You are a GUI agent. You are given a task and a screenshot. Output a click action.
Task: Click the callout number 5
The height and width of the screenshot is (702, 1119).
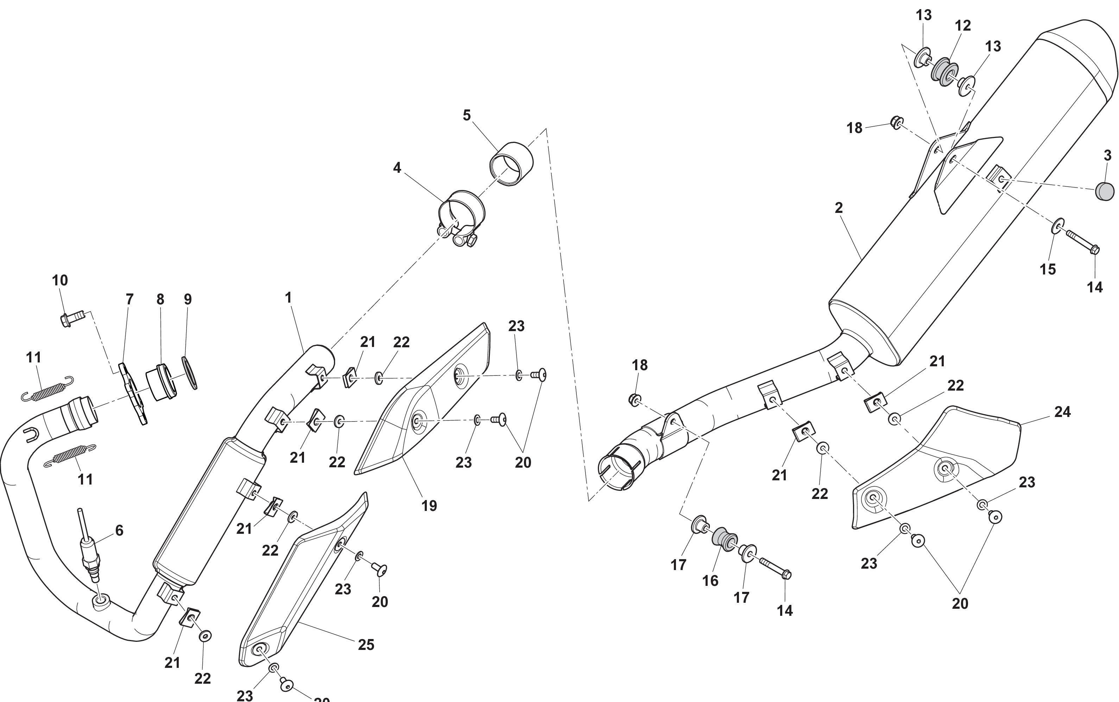(x=467, y=115)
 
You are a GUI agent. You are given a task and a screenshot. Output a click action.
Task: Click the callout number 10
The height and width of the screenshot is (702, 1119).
(x=60, y=280)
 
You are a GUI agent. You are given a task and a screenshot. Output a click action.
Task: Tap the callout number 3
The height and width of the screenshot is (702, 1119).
(x=1107, y=156)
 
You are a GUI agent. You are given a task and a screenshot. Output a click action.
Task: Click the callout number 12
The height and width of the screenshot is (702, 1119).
(x=963, y=26)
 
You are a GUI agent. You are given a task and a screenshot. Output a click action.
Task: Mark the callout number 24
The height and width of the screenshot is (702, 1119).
(x=1062, y=412)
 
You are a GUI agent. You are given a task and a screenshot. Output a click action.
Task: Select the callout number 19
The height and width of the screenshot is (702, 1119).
(x=429, y=506)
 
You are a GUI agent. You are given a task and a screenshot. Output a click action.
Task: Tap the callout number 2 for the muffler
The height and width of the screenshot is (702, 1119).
(x=839, y=208)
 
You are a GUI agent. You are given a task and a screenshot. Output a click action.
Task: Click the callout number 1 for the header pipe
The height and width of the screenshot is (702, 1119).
(x=288, y=298)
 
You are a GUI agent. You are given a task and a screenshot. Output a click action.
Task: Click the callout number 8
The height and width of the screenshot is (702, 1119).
(x=160, y=299)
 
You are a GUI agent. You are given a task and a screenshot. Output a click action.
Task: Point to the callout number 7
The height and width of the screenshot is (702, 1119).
(x=129, y=299)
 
